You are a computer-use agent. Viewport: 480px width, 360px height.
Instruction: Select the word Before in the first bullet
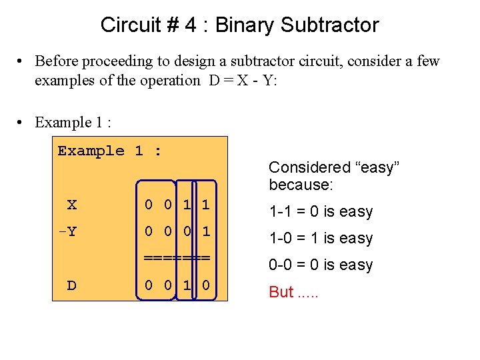57,61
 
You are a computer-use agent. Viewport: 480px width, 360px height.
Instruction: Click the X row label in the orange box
72,205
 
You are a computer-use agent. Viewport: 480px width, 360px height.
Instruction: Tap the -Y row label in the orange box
67,232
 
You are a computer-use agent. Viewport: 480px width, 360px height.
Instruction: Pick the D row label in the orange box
71,286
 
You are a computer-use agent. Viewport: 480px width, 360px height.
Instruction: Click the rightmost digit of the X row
205,205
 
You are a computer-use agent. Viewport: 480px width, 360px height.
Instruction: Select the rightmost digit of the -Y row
205,232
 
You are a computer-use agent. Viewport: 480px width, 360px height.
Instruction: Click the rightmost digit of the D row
205,286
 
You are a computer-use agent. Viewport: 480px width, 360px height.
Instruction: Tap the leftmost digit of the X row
149,205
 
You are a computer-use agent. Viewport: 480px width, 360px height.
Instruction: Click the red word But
281,292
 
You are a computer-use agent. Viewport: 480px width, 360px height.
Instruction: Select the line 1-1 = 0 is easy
321,212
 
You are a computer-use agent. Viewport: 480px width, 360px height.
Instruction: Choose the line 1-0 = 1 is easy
321,239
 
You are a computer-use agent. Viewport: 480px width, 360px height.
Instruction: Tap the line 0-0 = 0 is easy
321,265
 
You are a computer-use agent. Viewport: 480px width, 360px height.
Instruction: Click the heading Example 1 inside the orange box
109,151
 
